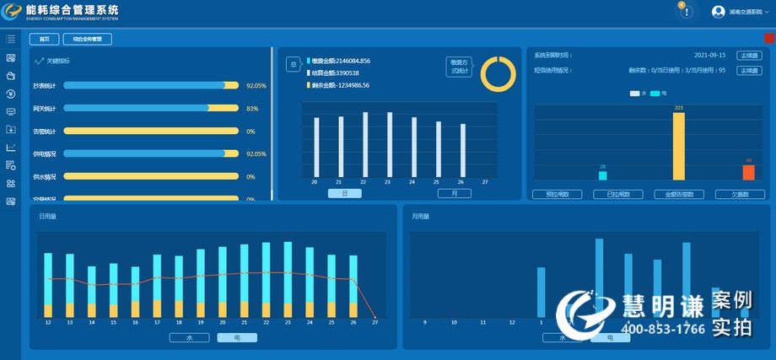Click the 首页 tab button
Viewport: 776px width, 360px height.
click(x=45, y=39)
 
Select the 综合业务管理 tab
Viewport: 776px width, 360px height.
click(x=87, y=39)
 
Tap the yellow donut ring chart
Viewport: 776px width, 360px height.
click(x=498, y=73)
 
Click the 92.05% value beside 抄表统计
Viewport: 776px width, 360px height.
click(x=256, y=86)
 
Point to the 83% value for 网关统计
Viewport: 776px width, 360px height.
click(x=252, y=109)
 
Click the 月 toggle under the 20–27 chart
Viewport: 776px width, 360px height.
click(x=454, y=194)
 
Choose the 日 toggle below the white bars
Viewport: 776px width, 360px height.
click(x=344, y=194)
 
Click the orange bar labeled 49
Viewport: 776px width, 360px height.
click(x=748, y=172)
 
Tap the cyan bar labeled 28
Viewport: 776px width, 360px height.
click(x=603, y=175)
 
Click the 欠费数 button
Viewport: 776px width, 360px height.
click(x=741, y=195)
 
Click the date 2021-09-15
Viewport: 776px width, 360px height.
click(x=711, y=55)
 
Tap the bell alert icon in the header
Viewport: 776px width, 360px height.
click(x=687, y=12)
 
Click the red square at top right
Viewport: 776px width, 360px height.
click(x=769, y=38)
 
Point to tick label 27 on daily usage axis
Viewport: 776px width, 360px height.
click(x=375, y=322)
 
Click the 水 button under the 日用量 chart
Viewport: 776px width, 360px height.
click(x=189, y=337)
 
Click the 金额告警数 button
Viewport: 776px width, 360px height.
click(x=679, y=195)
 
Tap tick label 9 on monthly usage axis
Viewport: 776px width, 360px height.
click(x=424, y=322)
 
